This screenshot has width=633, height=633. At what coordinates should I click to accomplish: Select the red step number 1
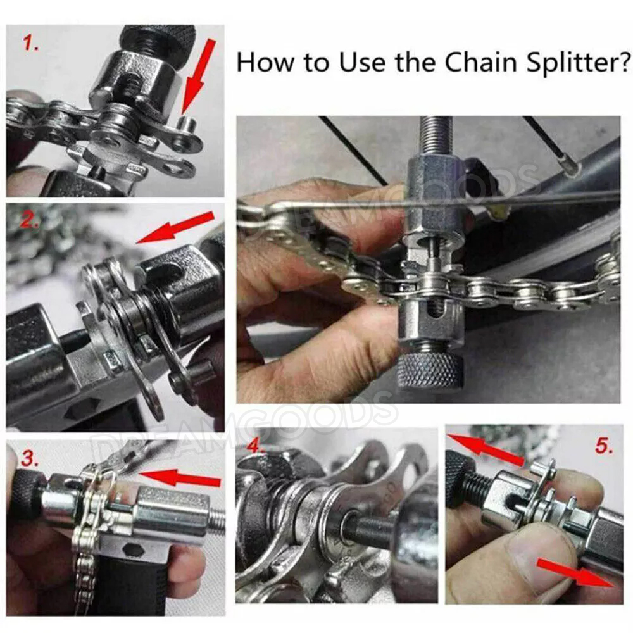pyautogui.click(x=30, y=43)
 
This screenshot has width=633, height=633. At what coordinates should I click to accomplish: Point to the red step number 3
pyautogui.click(x=30, y=458)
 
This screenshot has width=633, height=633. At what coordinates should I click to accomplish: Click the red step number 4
pyautogui.click(x=256, y=446)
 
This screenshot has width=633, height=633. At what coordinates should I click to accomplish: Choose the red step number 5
pyautogui.click(x=603, y=446)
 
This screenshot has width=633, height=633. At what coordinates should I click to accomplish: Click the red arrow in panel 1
pyautogui.click(x=197, y=77)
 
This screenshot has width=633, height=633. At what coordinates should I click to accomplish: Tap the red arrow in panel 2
pyautogui.click(x=175, y=228)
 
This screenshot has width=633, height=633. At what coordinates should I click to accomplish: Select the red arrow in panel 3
pyautogui.click(x=179, y=477)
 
